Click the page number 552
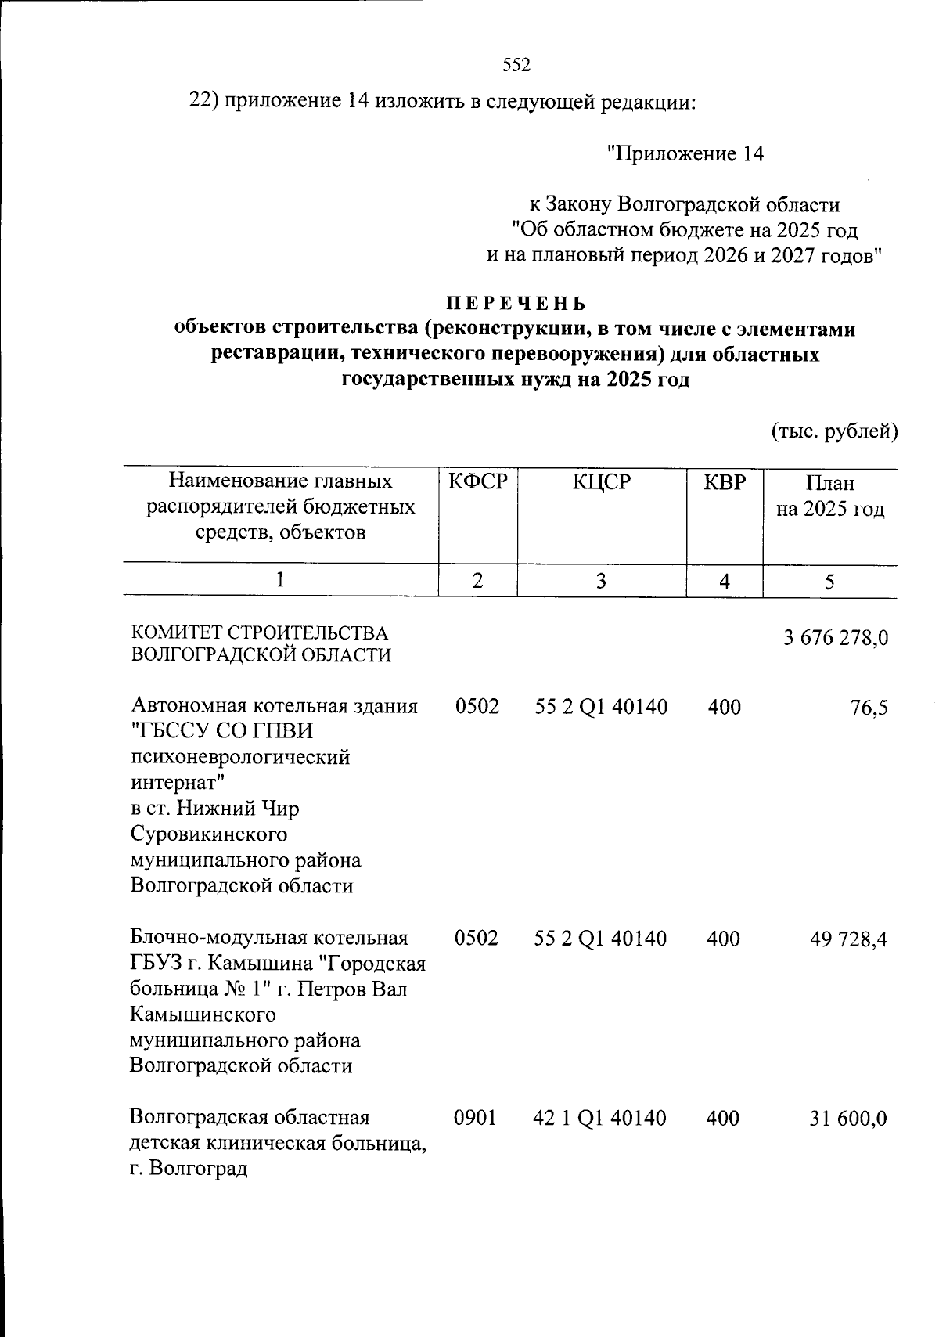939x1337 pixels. point(516,66)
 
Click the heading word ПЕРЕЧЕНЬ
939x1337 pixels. point(516,303)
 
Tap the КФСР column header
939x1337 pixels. point(477,483)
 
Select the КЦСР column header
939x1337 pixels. point(601,483)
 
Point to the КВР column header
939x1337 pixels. point(725,483)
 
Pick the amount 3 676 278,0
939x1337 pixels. point(835,638)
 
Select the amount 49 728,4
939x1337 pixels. point(848,939)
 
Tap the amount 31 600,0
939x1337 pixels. point(848,1119)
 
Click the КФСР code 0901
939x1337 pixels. point(476,1118)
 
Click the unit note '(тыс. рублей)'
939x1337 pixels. point(834,431)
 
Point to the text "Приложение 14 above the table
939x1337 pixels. point(685,154)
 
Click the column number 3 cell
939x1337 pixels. point(601,582)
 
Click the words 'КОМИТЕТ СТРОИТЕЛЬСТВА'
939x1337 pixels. point(259,632)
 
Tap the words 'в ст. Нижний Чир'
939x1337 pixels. point(214,808)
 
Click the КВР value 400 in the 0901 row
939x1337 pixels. point(723,1118)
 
